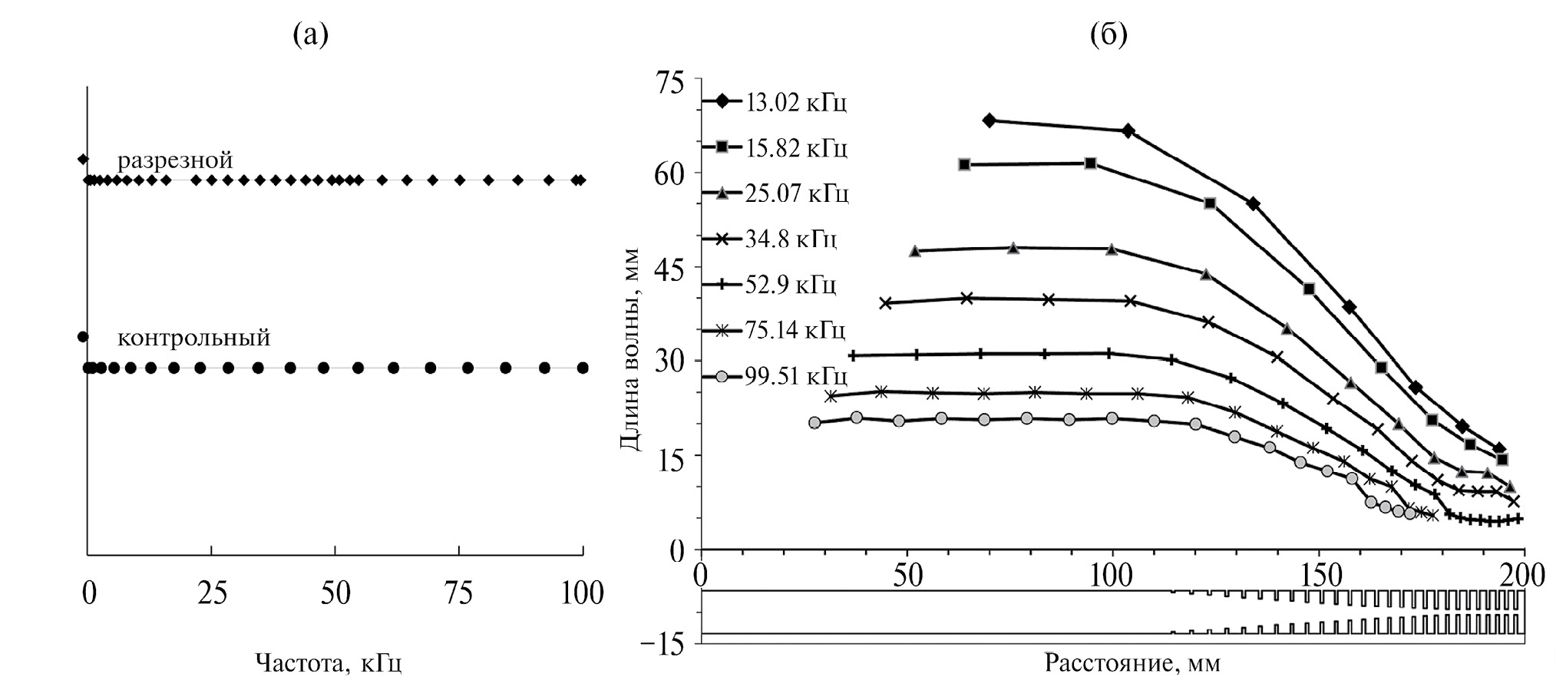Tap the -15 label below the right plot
click(665, 644)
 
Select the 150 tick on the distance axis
click(1318, 576)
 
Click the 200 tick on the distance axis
click(1524, 576)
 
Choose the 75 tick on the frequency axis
click(459, 593)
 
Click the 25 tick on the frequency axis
click(212, 593)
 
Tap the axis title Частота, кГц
click(328, 662)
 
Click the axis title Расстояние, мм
click(1132, 662)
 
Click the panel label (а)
click(311, 35)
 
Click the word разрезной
click(175, 160)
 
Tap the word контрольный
click(193, 338)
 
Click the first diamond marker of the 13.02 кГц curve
click(989, 121)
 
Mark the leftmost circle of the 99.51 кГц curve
click(814, 422)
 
